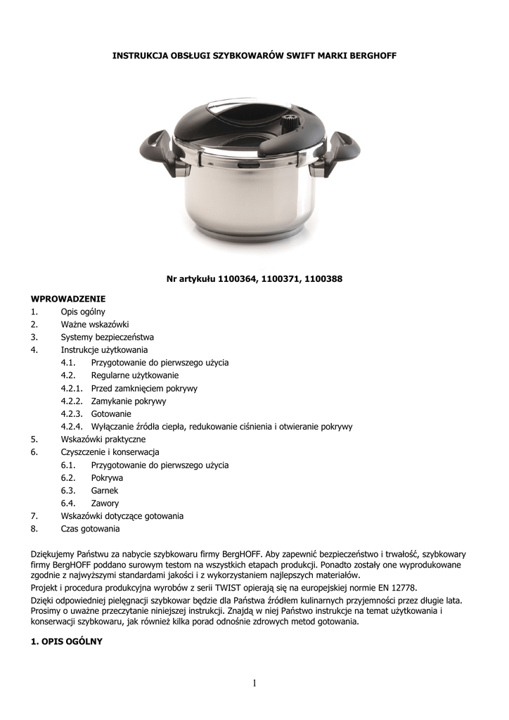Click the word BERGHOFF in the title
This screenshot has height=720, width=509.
tap(366, 56)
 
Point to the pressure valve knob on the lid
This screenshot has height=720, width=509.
tap(288, 124)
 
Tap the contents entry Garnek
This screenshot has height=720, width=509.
tap(105, 490)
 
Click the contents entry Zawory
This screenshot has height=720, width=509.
tap(105, 503)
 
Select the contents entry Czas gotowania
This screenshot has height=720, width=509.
tap(90, 529)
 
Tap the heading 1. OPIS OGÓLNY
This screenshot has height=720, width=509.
tap(67, 641)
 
